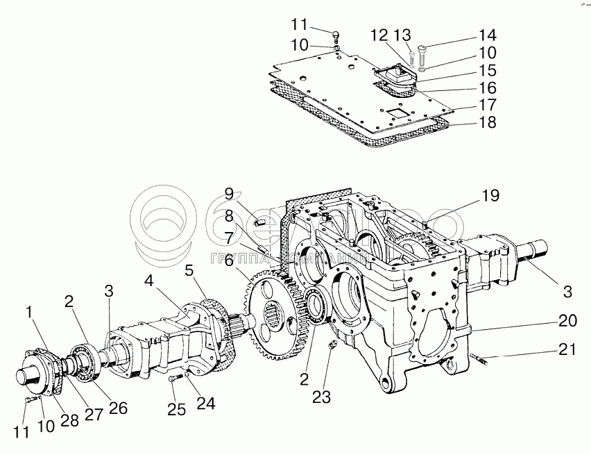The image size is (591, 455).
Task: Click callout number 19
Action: [x=489, y=196]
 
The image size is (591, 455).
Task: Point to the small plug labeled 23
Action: [x=332, y=346]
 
